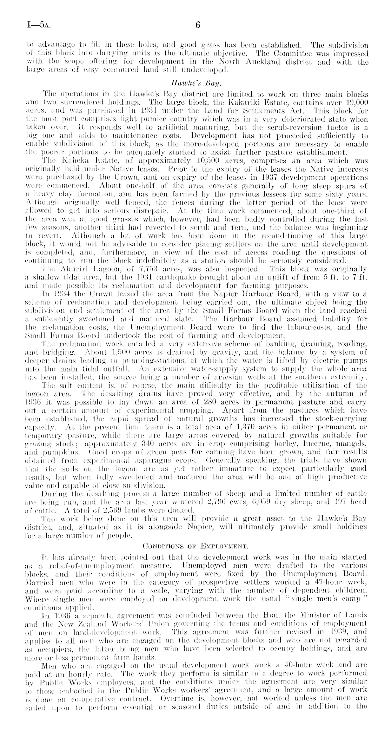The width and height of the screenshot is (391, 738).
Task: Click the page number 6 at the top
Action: coord(197,25)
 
